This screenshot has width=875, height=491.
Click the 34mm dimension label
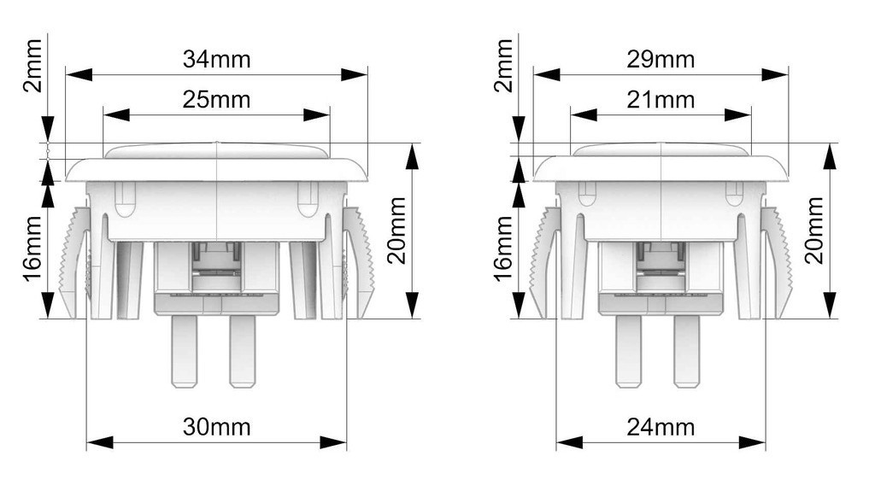(x=216, y=59)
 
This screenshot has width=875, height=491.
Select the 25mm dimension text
(x=216, y=100)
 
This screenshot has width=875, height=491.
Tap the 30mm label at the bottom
(x=216, y=428)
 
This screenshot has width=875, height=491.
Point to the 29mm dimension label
(x=661, y=59)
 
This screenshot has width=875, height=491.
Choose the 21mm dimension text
(x=661, y=100)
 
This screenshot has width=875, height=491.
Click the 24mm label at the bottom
(x=661, y=428)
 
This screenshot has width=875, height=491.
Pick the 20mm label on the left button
(x=396, y=231)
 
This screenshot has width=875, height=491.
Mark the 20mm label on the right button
(x=814, y=231)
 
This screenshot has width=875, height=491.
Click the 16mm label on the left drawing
(x=33, y=249)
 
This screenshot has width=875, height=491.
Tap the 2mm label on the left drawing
(x=33, y=66)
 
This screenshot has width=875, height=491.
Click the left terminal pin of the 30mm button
(x=185, y=351)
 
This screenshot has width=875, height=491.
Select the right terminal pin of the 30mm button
(x=242, y=351)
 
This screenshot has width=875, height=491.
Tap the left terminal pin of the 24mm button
(x=628, y=351)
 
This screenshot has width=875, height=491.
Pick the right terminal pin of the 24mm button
(x=686, y=351)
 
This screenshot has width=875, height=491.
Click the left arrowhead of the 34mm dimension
(x=79, y=74)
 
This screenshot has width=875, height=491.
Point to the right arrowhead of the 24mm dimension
(x=752, y=443)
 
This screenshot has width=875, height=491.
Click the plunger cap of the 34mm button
(x=216, y=151)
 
